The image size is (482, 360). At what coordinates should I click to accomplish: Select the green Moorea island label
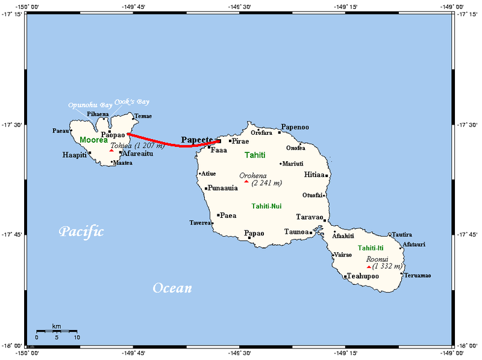click(x=93, y=140)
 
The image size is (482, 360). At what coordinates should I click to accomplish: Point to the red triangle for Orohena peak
click(x=246, y=181)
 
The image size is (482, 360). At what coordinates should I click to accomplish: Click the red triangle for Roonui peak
click(x=369, y=267)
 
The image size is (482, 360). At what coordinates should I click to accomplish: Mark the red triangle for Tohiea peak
click(x=111, y=151)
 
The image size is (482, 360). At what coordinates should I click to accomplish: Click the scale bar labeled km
click(x=56, y=331)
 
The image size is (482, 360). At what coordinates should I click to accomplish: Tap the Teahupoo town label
click(x=364, y=276)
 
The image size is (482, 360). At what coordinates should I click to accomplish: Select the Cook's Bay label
click(x=132, y=102)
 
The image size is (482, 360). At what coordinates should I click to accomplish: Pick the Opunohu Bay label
click(x=90, y=105)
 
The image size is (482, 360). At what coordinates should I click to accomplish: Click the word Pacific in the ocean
click(x=81, y=232)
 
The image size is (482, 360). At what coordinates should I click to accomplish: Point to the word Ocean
click(x=172, y=288)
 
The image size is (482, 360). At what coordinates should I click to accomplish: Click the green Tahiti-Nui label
click(x=266, y=206)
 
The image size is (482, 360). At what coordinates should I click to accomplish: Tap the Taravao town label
click(x=310, y=217)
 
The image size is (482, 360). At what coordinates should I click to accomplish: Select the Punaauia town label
click(x=224, y=188)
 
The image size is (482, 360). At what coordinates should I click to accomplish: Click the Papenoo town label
click(x=295, y=127)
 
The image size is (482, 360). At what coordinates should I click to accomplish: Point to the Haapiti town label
click(x=74, y=155)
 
